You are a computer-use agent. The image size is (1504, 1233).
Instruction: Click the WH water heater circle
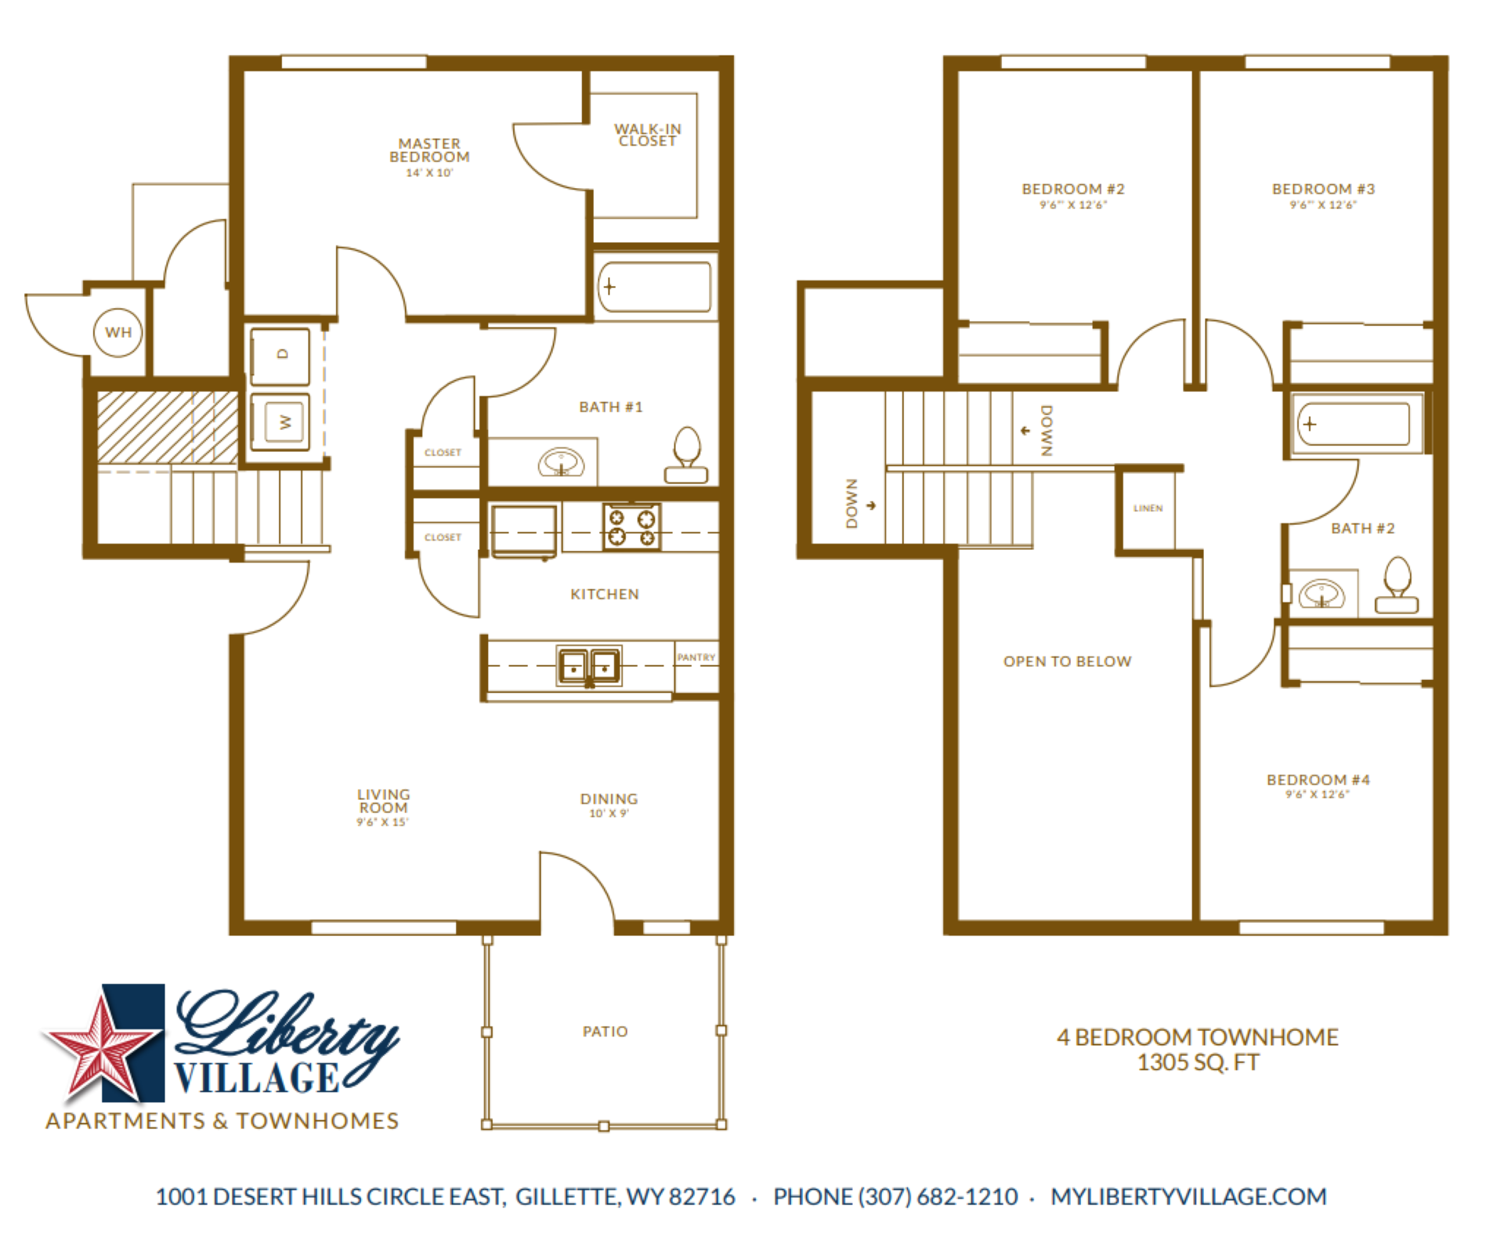click(117, 332)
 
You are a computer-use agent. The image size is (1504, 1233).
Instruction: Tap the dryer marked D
click(280, 355)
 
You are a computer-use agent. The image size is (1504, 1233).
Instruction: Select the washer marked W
click(281, 422)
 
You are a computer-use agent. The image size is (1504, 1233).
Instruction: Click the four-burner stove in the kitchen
click(631, 526)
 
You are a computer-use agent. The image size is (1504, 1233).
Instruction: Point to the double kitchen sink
click(589, 666)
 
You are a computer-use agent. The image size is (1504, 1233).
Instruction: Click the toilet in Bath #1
click(686, 455)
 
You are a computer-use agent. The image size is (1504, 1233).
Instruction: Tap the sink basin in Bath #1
click(561, 462)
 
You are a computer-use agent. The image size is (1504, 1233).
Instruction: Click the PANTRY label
click(696, 657)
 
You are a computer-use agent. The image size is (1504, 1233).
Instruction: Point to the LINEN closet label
click(1148, 508)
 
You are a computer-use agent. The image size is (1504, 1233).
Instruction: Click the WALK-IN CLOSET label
click(647, 135)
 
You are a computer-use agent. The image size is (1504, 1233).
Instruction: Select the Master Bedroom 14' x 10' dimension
click(429, 173)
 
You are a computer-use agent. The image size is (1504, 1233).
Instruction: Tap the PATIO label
click(605, 1032)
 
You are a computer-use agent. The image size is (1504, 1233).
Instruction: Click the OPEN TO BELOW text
click(1067, 661)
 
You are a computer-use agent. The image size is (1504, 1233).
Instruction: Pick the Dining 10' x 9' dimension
click(609, 814)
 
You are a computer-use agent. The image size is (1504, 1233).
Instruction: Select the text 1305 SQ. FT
click(1198, 1063)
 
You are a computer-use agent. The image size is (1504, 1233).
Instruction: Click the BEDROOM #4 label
click(1318, 779)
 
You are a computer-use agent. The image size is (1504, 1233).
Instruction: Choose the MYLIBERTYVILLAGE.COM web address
click(1188, 1196)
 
